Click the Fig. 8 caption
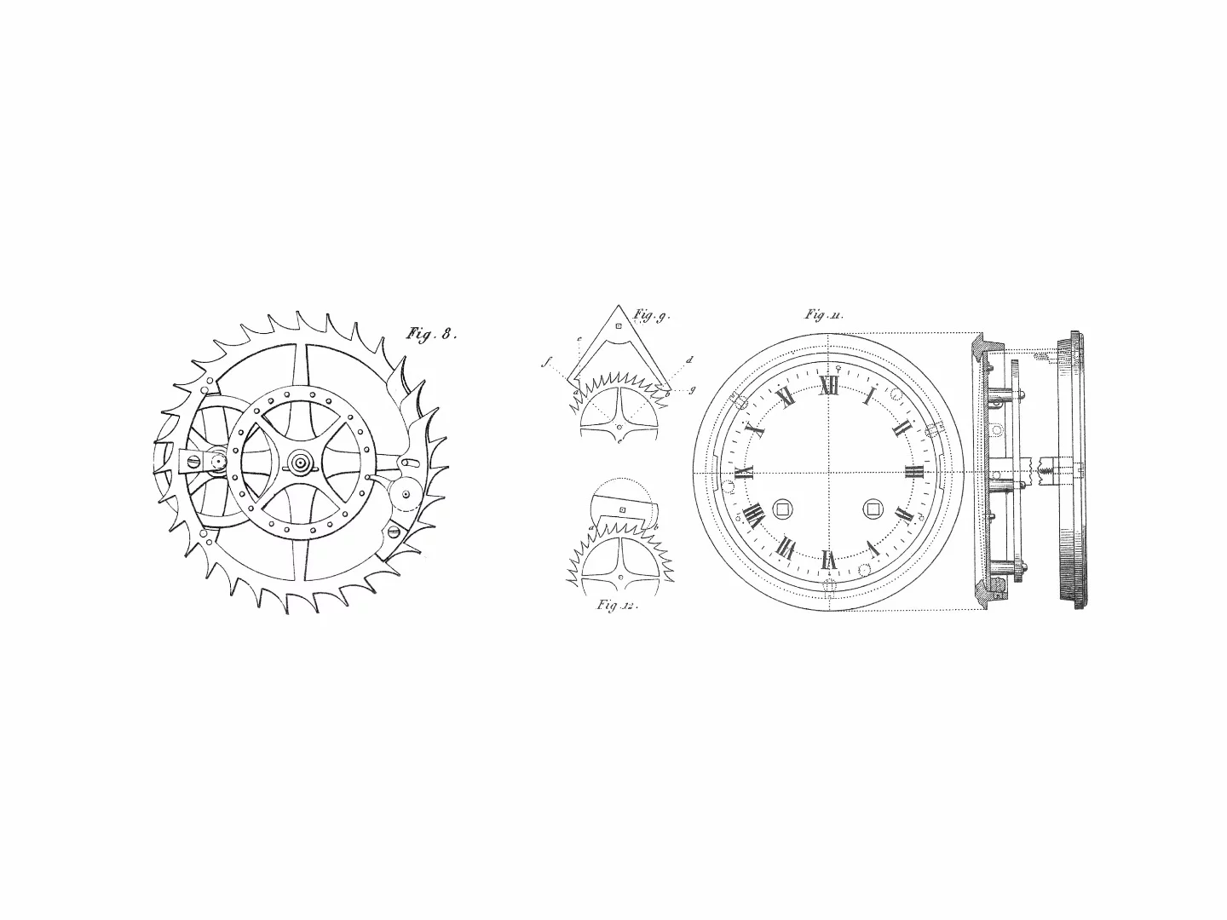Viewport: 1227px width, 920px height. (431, 334)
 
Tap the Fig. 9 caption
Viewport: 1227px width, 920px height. (651, 316)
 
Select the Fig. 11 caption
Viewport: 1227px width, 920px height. (824, 315)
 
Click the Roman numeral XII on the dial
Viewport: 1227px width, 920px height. (829, 387)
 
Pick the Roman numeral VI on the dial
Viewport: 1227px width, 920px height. (828, 560)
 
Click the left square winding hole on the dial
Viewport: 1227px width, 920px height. (781, 509)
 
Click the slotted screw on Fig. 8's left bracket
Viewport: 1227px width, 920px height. (193, 461)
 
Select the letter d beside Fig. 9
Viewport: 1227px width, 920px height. (688, 360)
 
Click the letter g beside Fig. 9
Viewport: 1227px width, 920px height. (691, 389)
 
